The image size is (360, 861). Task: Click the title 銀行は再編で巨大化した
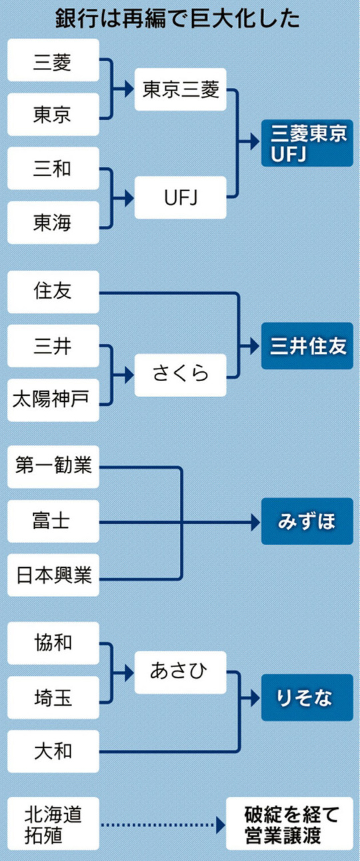(x=178, y=18)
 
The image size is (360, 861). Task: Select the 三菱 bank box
(x=53, y=60)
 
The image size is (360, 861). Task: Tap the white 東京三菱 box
(x=181, y=89)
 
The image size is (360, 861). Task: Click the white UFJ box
(x=181, y=197)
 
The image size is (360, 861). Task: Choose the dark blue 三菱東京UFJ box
(x=307, y=143)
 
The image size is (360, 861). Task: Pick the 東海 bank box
(x=53, y=223)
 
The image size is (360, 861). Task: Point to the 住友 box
(x=53, y=292)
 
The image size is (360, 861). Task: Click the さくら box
(x=181, y=375)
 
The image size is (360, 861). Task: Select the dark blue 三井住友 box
(x=307, y=346)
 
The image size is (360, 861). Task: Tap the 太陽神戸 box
(x=53, y=400)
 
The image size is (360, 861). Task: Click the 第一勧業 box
(x=53, y=467)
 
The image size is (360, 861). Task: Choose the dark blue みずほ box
(x=307, y=521)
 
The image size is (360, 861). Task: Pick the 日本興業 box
(x=53, y=575)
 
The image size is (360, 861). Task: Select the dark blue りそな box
(x=307, y=697)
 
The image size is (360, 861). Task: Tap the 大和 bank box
(x=53, y=752)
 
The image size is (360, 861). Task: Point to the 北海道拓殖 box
(x=53, y=823)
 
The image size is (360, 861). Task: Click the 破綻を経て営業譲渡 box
(x=289, y=823)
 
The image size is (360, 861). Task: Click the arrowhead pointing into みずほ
(x=256, y=522)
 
